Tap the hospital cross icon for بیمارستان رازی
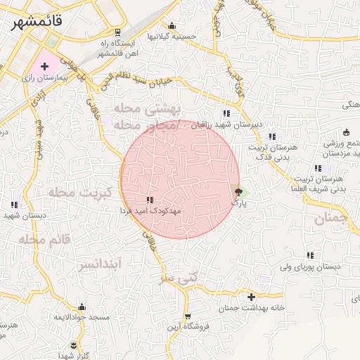point(45,66)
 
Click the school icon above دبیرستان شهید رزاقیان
point(226,113)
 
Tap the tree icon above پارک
point(238,191)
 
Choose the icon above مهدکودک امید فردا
point(149,200)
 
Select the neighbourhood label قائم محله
point(45,240)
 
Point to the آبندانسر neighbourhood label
point(99,264)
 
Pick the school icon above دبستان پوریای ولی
point(310,256)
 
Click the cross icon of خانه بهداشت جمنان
point(251,297)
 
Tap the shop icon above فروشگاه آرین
point(186,317)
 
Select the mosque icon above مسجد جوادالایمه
point(82,307)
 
